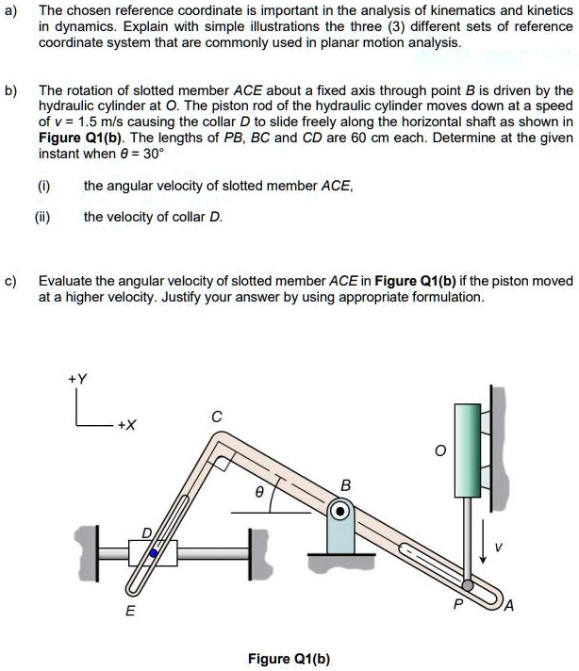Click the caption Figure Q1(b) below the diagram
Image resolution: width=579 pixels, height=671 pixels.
[289, 657]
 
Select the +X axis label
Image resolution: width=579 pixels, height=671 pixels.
[127, 425]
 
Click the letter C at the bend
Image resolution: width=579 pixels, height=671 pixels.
[216, 416]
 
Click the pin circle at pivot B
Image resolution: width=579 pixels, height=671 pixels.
[340, 512]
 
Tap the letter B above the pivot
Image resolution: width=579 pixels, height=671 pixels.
[345, 485]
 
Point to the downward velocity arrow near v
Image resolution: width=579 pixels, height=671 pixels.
[483, 547]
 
